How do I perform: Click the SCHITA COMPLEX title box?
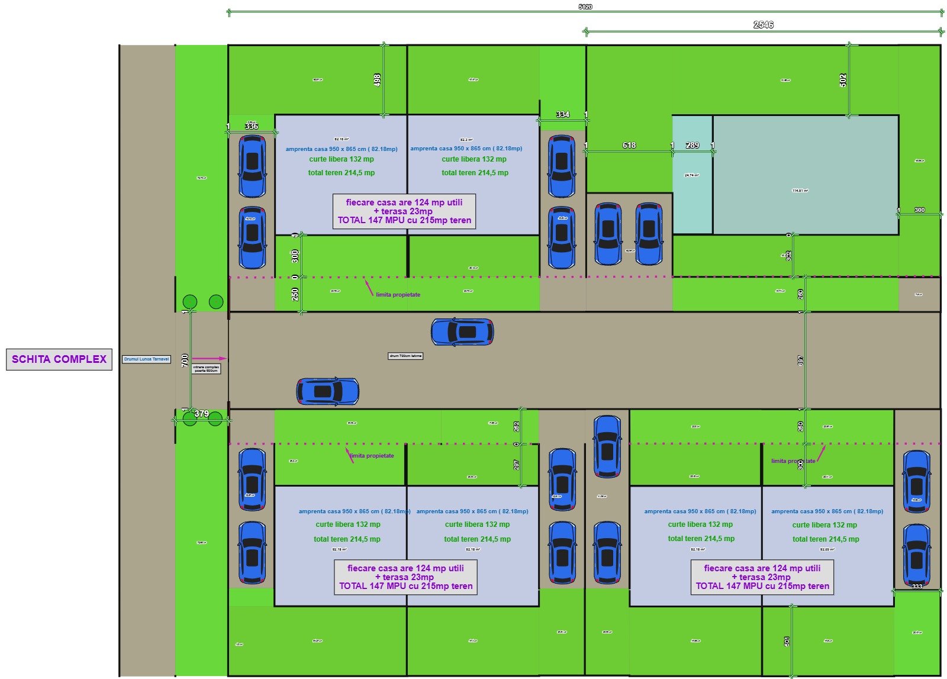(x=59, y=359)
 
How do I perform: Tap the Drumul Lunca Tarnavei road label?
(x=146, y=359)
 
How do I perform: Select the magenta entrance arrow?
(x=209, y=358)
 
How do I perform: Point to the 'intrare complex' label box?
(x=206, y=369)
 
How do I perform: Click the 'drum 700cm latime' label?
(x=405, y=356)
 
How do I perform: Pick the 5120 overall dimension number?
(x=585, y=7)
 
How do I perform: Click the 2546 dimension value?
(x=763, y=25)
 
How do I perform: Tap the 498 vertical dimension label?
(x=377, y=80)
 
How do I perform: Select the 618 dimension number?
(x=629, y=145)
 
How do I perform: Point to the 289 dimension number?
(x=692, y=145)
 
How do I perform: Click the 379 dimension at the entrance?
(x=201, y=414)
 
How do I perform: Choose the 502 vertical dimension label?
(x=843, y=80)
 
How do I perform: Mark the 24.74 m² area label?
(x=691, y=175)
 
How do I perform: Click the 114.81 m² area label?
(x=800, y=191)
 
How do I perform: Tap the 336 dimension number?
(x=252, y=126)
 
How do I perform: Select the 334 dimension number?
(x=563, y=114)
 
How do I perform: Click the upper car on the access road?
(x=462, y=332)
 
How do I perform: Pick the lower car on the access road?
(x=327, y=391)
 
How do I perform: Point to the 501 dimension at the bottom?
(x=787, y=641)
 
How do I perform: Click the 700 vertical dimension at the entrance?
(x=185, y=360)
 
